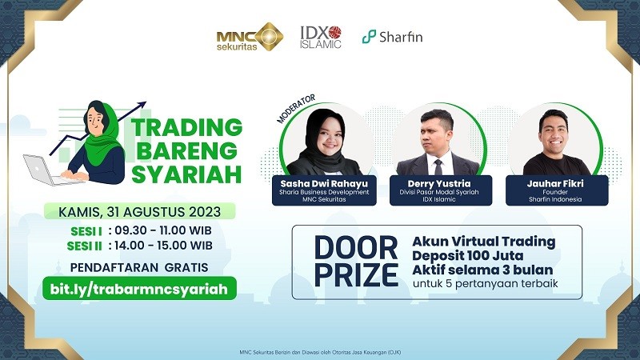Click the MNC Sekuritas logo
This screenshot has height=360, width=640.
click(249, 37)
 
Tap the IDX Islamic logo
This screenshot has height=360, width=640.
click(320, 37)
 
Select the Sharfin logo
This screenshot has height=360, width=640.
click(392, 37)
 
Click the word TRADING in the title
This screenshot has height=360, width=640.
click(186, 127)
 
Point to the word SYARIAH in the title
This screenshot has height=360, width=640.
click(186, 174)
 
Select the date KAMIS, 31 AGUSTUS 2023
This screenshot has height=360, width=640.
click(140, 212)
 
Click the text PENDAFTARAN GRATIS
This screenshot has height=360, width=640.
click(140, 266)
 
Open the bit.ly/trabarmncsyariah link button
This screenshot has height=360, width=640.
click(140, 287)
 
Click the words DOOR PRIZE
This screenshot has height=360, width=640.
click(356, 261)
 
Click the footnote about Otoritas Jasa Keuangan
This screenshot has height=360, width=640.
click(320, 351)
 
